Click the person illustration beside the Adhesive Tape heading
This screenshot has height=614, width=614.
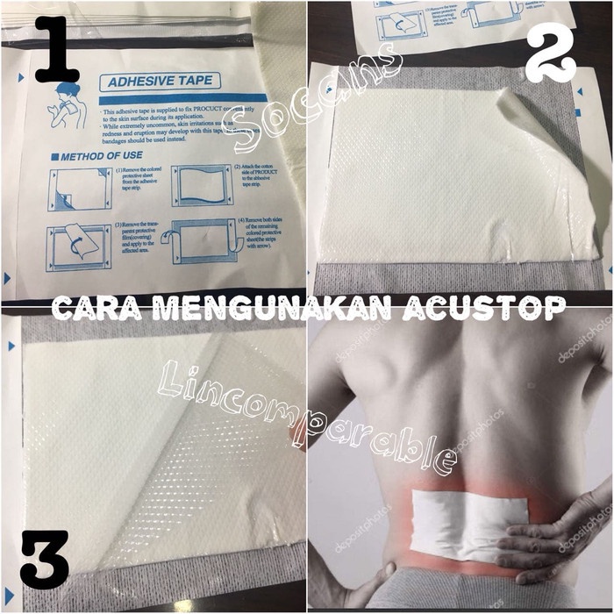[x=66, y=105]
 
